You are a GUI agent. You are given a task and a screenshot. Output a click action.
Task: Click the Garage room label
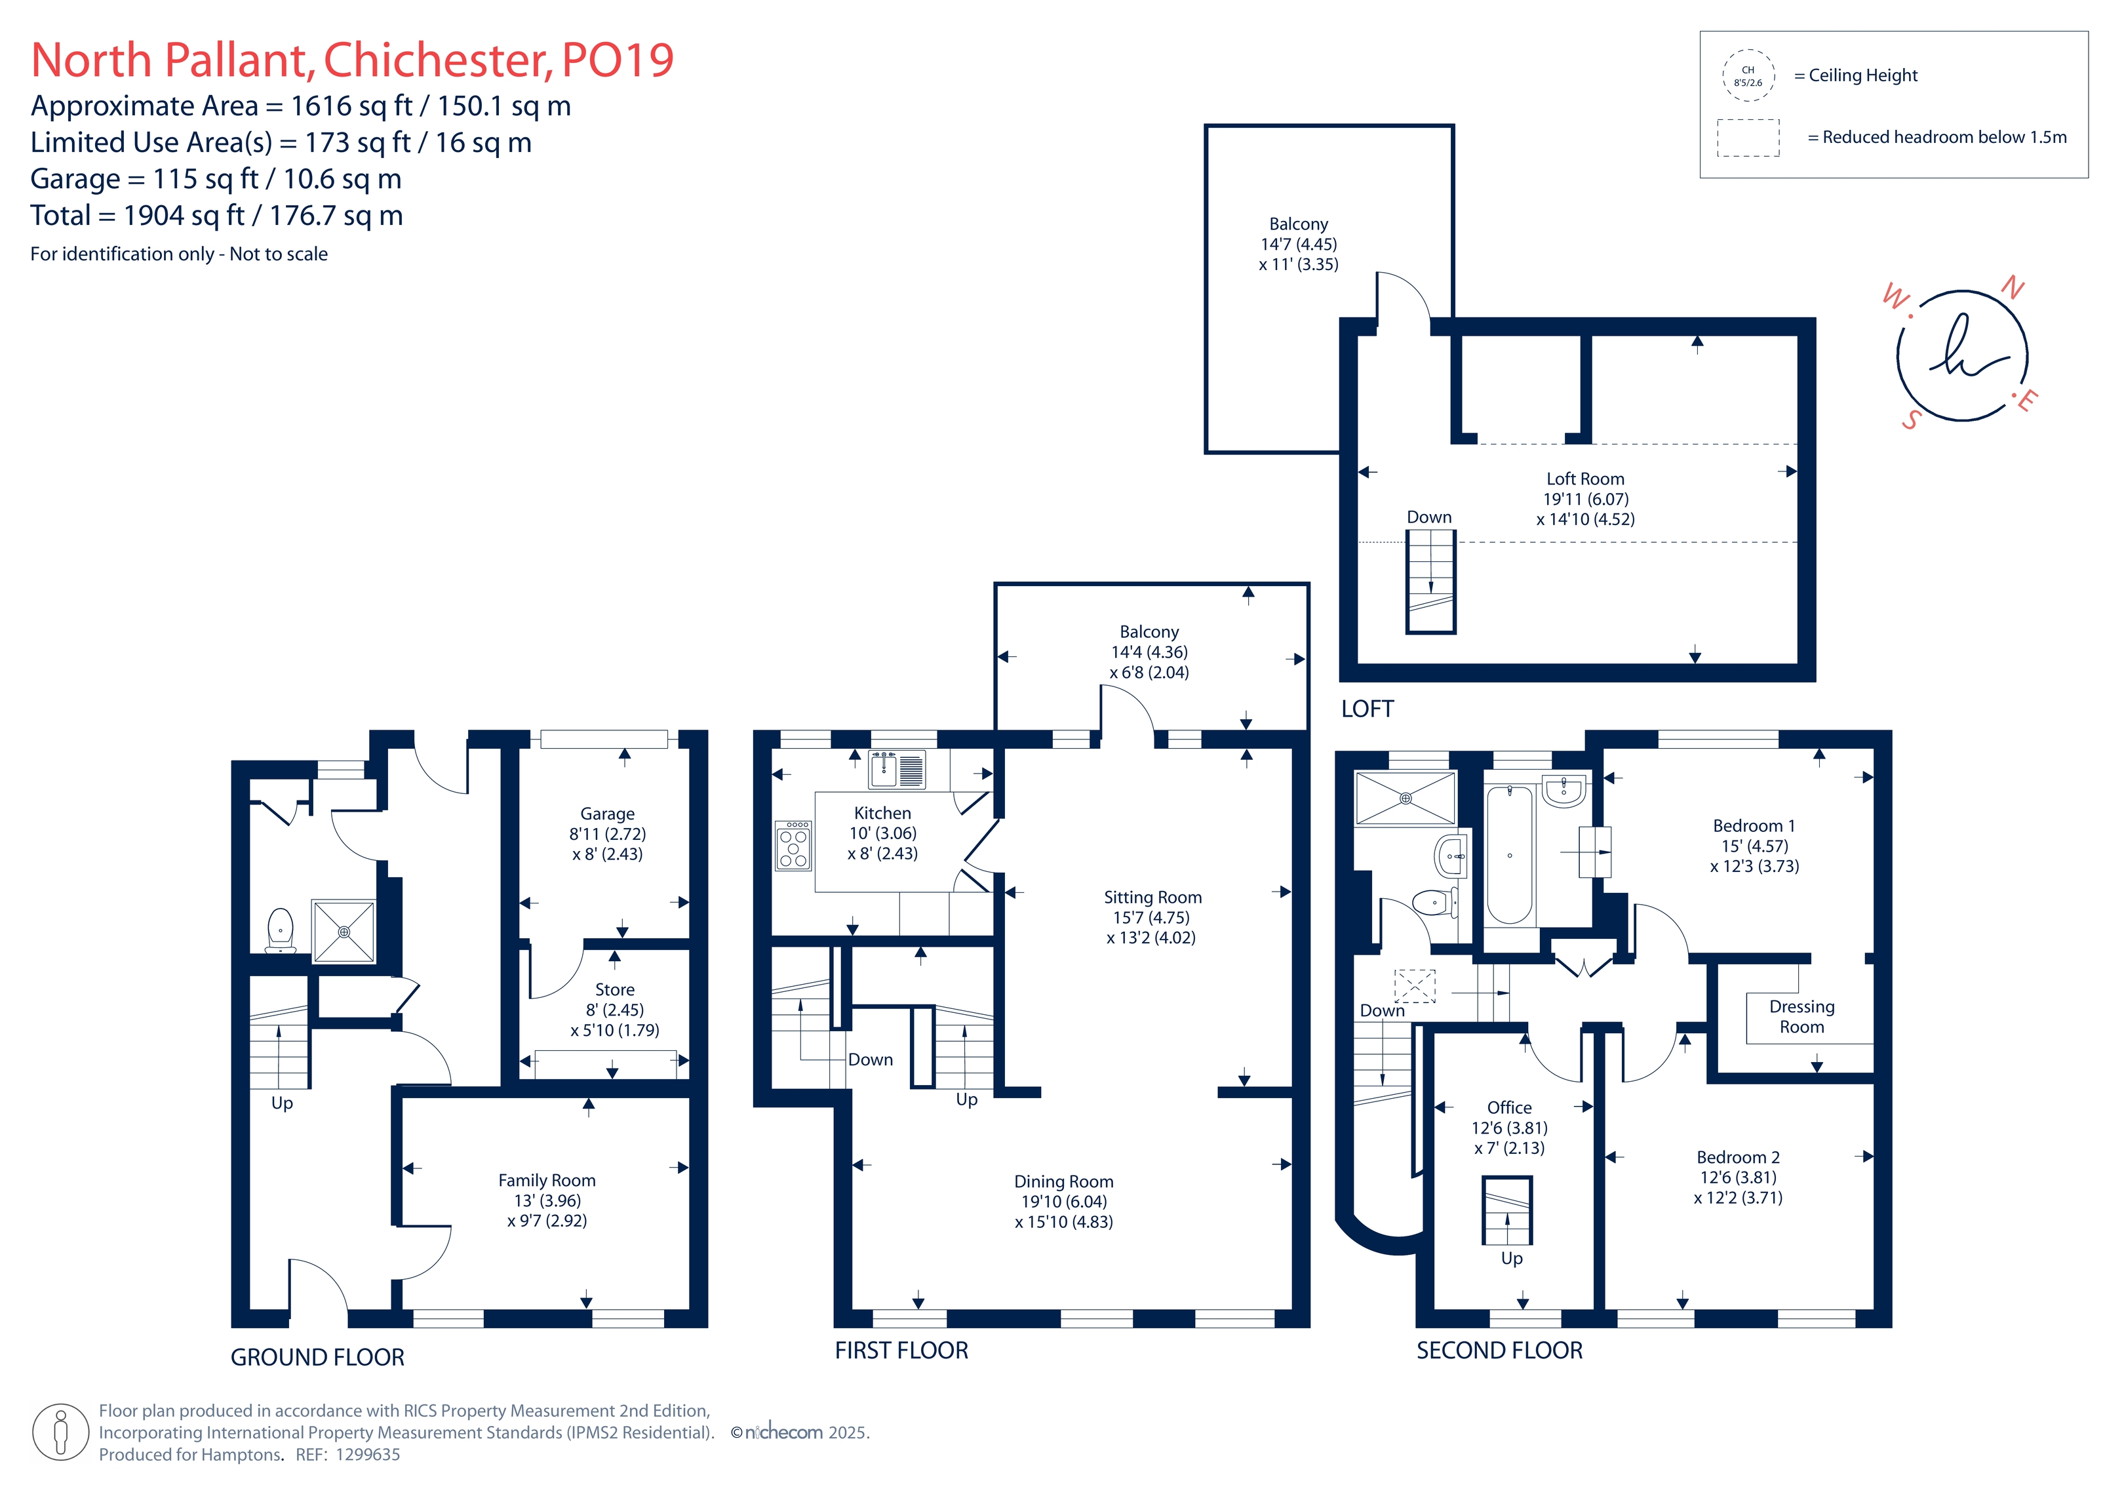(x=607, y=814)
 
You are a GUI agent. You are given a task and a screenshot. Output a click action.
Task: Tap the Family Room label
(x=547, y=1180)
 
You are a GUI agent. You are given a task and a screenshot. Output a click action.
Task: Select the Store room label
(x=614, y=989)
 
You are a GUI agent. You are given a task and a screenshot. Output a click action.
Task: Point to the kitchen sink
(x=896, y=769)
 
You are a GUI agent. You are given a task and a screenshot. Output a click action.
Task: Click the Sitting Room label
(x=1152, y=897)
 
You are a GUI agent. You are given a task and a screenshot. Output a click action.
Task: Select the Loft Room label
(x=1586, y=479)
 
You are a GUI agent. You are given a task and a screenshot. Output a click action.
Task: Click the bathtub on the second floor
(x=1510, y=854)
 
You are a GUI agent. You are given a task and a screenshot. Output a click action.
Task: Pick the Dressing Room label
(x=1802, y=1016)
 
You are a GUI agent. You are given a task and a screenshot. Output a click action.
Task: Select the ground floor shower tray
(x=344, y=931)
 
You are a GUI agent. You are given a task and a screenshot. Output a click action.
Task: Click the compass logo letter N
(x=2012, y=288)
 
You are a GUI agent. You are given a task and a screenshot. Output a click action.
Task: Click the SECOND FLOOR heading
(x=1499, y=1351)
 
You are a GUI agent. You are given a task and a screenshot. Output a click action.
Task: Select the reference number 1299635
(x=368, y=1454)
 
